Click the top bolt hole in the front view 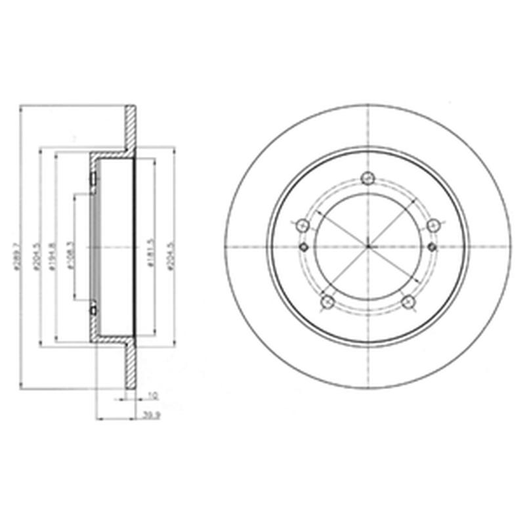coord(368,177)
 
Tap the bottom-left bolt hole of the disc coord(325,301)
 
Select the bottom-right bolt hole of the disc coord(409,301)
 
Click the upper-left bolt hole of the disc coord(303,225)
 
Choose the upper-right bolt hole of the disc coord(433,225)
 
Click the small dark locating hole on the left coord(304,247)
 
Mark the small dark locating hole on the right coord(432,247)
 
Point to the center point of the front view coord(368,247)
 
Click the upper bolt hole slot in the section coord(93,179)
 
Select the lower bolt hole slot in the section coord(93,307)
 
